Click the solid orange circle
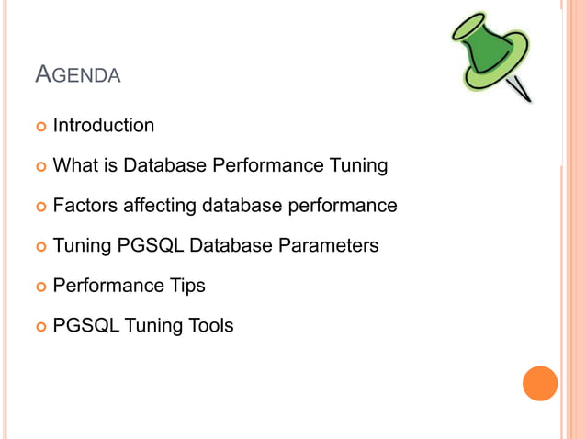540,383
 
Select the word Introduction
104,126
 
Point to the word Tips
186,286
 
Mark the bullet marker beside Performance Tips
40,287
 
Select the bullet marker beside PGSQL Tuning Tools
40,326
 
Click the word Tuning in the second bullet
356,166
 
